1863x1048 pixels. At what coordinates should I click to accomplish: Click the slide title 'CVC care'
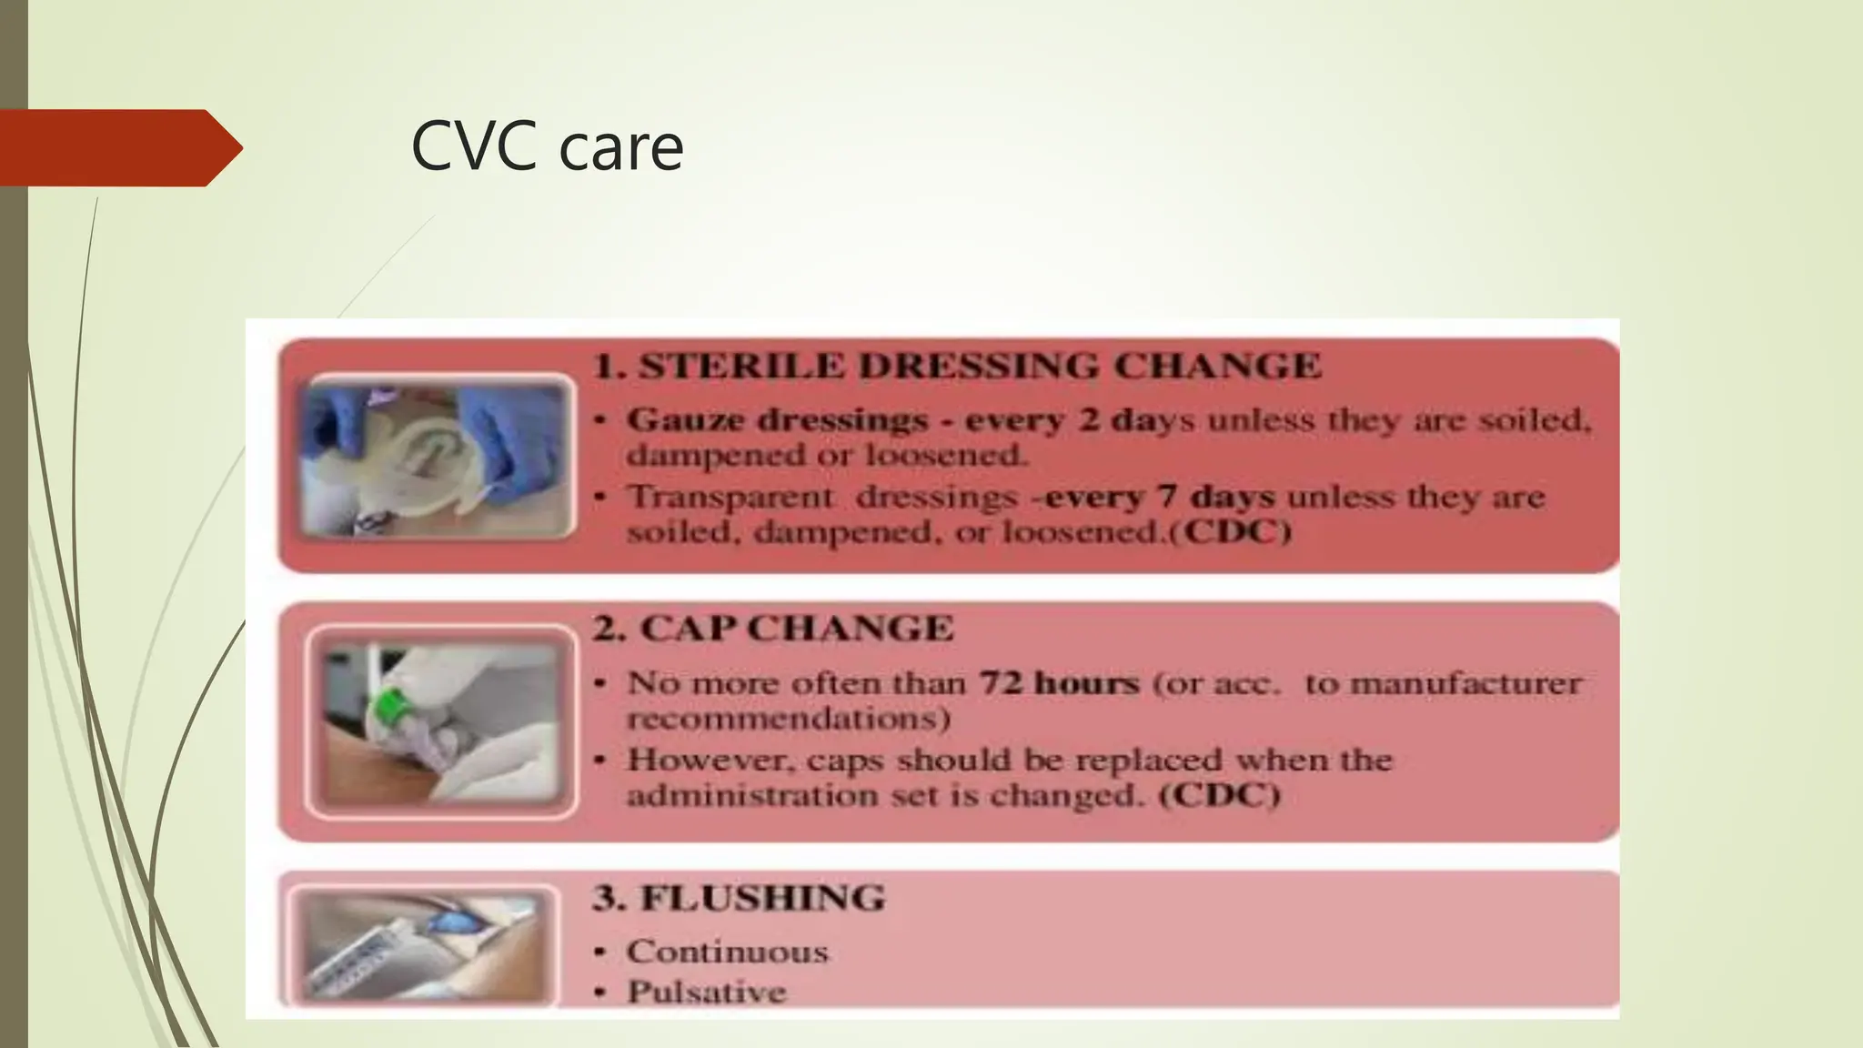point(547,147)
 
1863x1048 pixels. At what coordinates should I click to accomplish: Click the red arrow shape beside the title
point(118,147)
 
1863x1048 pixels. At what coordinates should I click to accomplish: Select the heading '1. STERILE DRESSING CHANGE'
point(956,366)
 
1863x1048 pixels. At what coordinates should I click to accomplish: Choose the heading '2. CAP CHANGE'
point(773,629)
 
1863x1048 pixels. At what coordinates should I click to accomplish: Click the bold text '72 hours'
point(1059,682)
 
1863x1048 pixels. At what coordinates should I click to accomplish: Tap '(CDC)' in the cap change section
point(1220,796)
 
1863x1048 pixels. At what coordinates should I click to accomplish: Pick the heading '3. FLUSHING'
point(739,898)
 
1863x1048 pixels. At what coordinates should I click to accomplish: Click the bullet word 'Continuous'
point(728,952)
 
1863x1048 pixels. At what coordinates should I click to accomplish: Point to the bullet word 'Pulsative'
point(706,992)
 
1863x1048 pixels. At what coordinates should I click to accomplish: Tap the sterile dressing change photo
point(438,457)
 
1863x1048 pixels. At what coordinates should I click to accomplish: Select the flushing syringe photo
point(423,946)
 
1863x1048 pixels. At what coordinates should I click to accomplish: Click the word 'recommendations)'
point(789,720)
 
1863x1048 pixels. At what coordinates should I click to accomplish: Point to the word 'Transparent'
point(730,497)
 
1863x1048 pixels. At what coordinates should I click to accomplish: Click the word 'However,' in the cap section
point(694,760)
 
